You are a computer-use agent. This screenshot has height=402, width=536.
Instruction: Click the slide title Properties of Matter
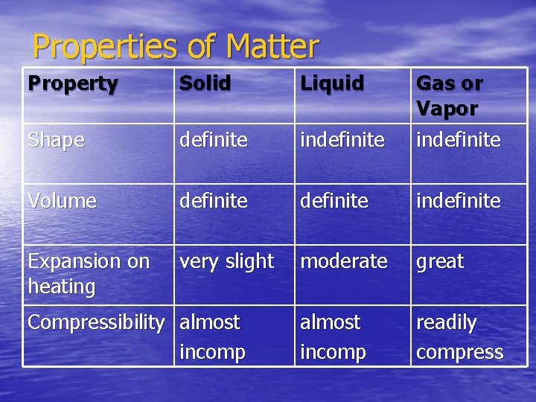point(176,46)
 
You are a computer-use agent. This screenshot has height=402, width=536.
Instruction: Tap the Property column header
point(73,83)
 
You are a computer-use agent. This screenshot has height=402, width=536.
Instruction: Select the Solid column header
point(205,83)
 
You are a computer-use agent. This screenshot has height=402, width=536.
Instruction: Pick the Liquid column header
point(332,83)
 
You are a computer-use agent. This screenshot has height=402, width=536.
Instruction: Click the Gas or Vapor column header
point(449,95)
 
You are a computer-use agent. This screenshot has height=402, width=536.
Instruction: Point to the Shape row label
point(56,139)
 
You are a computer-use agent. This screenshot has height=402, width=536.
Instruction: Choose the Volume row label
point(62,200)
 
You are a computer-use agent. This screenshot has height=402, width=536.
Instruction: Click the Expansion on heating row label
point(89,273)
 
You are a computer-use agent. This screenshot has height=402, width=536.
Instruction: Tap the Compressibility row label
point(95,322)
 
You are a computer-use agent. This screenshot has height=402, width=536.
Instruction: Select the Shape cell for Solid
point(213,139)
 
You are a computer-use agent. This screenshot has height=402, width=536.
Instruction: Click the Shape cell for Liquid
point(342,139)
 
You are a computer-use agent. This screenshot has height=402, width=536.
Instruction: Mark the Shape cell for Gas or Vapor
point(459,139)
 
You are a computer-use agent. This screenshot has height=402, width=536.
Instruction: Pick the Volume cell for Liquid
point(334,200)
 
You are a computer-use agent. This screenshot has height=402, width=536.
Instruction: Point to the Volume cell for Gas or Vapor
point(459,200)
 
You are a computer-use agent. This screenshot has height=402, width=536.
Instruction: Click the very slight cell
point(226,261)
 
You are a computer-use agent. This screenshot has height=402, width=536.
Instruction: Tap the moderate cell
point(343,261)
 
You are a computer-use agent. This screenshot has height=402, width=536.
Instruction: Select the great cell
point(440,261)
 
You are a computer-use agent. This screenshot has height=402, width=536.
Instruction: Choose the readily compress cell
point(459,336)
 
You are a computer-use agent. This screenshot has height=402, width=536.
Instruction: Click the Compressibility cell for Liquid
point(333,336)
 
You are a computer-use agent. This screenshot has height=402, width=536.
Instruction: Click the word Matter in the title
point(272,46)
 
